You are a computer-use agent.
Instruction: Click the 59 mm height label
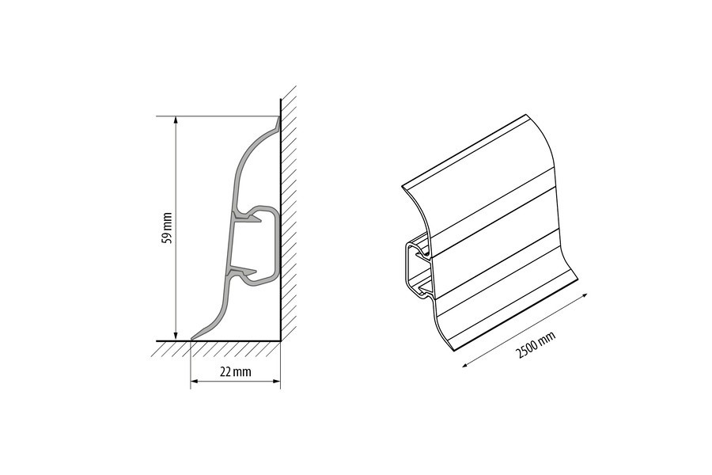tap(167, 228)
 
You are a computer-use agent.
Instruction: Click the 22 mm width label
tap(235, 372)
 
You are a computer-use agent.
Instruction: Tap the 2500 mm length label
tap(536, 345)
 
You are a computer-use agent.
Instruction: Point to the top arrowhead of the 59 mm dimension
tap(176, 121)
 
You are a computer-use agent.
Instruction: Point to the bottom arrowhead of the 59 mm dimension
tap(176, 336)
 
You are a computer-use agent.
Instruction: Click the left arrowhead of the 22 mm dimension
tap(195, 381)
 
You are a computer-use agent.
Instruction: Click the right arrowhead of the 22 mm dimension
tap(275, 381)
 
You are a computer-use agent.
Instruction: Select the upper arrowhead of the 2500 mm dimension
tap(584, 296)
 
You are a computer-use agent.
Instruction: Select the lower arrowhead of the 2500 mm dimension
tap(466, 363)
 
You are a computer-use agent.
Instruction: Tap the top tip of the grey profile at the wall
tap(278, 117)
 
